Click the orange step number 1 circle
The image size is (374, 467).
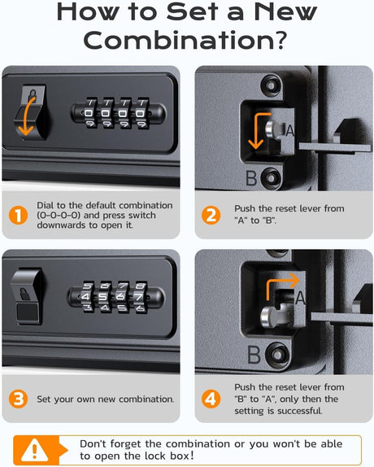click(x=18, y=216)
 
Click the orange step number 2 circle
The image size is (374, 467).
click(x=211, y=216)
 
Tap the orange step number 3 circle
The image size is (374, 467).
click(x=18, y=399)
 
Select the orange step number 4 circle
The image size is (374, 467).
click(x=211, y=399)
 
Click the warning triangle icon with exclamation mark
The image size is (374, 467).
click(x=35, y=449)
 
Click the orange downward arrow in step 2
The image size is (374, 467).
click(x=259, y=130)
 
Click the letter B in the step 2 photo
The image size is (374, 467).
click(x=251, y=178)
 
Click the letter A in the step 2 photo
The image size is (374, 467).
click(x=289, y=130)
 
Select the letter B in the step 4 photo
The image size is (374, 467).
click(x=254, y=355)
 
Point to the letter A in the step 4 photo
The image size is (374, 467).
click(x=300, y=298)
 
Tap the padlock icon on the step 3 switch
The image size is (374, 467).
click(x=25, y=294)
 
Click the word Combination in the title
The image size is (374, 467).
click(x=185, y=40)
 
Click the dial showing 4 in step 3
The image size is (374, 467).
click(x=86, y=297)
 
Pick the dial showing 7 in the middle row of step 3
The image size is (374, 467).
click(x=139, y=297)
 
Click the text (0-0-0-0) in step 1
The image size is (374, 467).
click(x=59, y=216)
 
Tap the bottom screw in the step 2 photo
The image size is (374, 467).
click(x=272, y=178)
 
